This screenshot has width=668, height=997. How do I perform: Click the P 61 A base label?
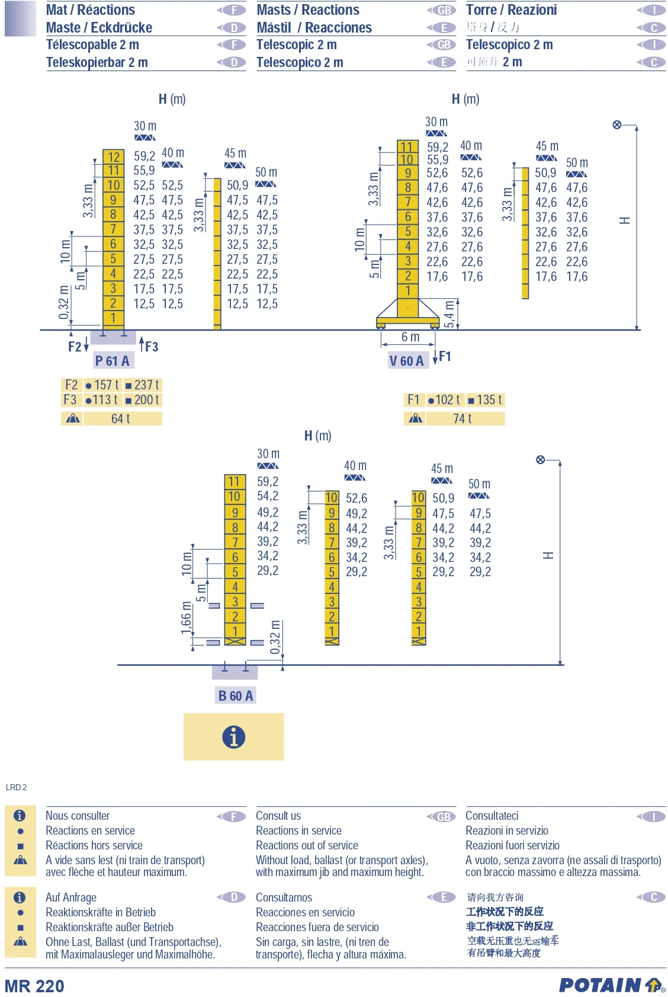click(x=112, y=360)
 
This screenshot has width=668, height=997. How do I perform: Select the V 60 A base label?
click(x=406, y=361)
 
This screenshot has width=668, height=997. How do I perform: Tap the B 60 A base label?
click(x=235, y=696)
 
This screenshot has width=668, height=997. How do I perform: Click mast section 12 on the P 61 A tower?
click(x=114, y=157)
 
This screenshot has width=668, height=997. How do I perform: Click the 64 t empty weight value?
click(x=121, y=419)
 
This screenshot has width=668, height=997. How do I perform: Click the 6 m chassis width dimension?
click(x=410, y=337)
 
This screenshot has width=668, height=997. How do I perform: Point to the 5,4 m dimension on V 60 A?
click(x=449, y=314)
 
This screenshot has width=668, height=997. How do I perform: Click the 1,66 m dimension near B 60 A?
click(x=187, y=618)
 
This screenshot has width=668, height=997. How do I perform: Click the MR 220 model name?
click(x=34, y=986)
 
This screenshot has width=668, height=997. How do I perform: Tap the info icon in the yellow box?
click(x=234, y=737)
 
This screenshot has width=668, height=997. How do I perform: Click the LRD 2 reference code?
click(x=17, y=787)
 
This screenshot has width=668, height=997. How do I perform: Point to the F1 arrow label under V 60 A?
click(x=444, y=356)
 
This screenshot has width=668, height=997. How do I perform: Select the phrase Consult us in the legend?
click(x=278, y=816)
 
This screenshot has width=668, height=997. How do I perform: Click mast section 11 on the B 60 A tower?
click(x=235, y=482)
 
